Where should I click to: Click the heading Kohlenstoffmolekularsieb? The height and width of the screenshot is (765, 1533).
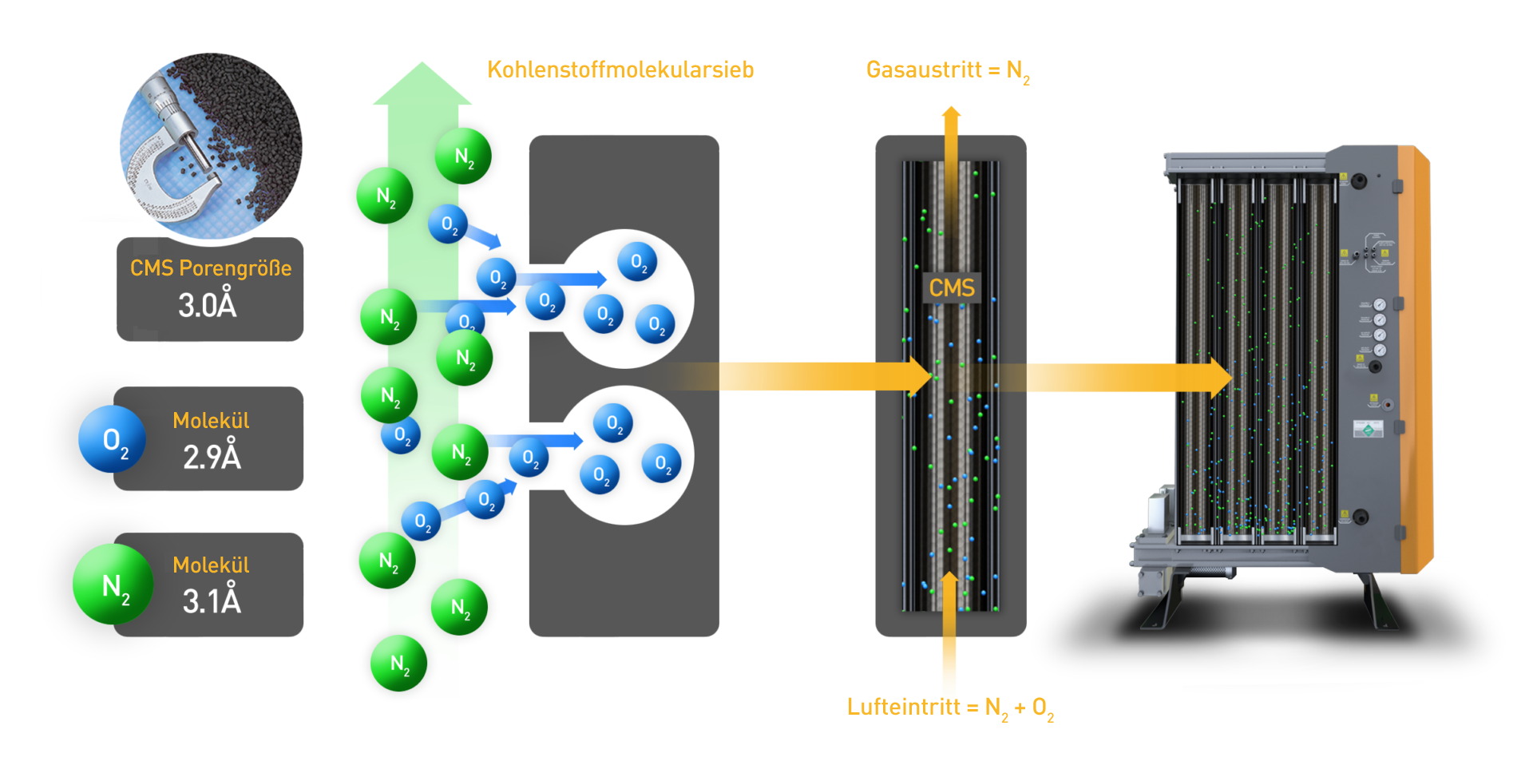click(x=620, y=70)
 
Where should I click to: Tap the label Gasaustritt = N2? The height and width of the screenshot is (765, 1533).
click(x=948, y=71)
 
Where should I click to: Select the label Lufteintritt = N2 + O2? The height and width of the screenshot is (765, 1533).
click(x=950, y=708)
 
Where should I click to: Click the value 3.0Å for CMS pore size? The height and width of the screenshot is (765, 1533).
click(x=208, y=306)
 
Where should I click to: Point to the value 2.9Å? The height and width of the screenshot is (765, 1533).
click(x=212, y=458)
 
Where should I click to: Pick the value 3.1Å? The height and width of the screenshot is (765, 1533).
click(x=212, y=601)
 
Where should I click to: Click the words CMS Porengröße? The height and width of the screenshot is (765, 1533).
click(x=211, y=268)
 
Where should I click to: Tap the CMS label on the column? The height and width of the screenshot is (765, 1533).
click(x=952, y=288)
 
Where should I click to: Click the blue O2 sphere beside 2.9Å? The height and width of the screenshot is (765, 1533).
click(x=112, y=439)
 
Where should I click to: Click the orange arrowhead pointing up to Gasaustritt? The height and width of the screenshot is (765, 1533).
click(x=951, y=113)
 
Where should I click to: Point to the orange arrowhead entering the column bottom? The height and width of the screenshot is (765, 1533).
click(x=949, y=579)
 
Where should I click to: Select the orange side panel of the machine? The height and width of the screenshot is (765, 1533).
click(x=1416, y=359)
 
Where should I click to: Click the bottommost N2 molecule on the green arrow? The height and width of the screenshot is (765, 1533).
click(x=399, y=663)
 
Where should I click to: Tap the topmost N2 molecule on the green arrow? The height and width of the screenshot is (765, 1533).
click(x=463, y=156)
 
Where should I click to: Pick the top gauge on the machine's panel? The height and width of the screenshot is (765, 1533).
click(x=1380, y=304)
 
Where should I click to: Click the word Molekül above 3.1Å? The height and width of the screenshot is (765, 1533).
click(x=211, y=565)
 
